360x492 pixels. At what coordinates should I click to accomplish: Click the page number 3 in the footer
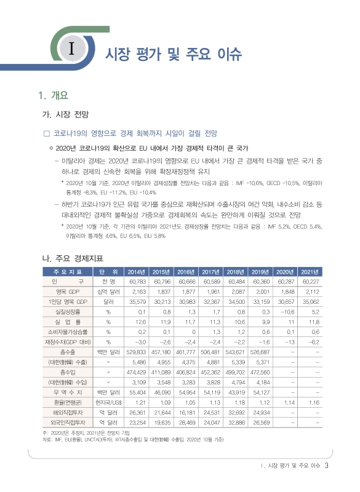point(326,466)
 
